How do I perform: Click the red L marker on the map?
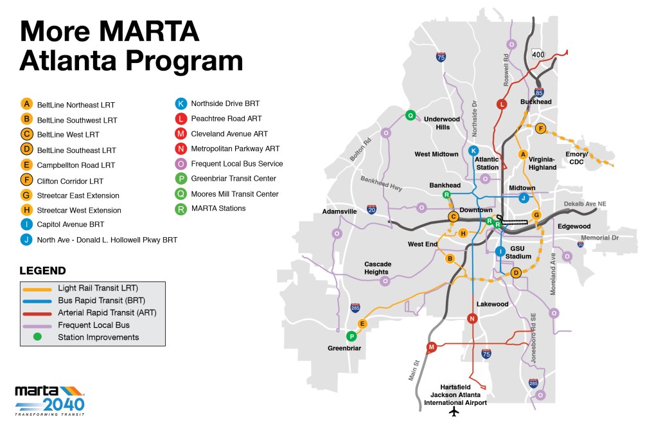pyautogui.click(x=502, y=104)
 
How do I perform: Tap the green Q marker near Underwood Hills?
pyautogui.click(x=410, y=116)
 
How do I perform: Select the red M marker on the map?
pyautogui.click(x=432, y=347)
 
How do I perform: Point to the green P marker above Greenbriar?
pyautogui.click(x=351, y=336)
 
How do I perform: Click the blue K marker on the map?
pyautogui.click(x=473, y=150)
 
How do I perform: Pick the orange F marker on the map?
pyautogui.click(x=540, y=129)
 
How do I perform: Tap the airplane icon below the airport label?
pyautogui.click(x=455, y=411)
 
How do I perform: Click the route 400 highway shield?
pyautogui.click(x=538, y=55)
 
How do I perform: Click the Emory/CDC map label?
pyautogui.click(x=576, y=158)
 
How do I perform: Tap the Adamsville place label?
pyautogui.click(x=339, y=211)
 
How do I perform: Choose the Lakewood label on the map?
pyautogui.click(x=492, y=304)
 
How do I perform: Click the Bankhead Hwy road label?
pyautogui.click(x=382, y=184)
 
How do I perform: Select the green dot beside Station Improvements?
pyautogui.click(x=38, y=337)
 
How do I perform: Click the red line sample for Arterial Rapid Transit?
pyautogui.click(x=38, y=312)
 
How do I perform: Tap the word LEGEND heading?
pyautogui.click(x=42, y=271)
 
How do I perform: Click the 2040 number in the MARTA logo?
pyautogui.click(x=63, y=404)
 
